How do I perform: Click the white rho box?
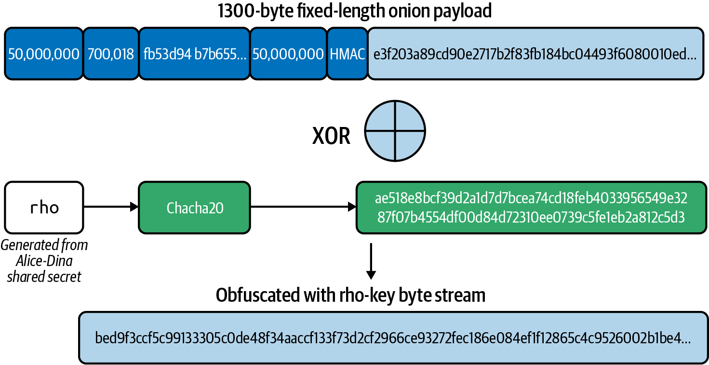44,207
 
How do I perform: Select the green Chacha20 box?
194,208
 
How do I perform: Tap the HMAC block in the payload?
347,54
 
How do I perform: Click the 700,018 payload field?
111,54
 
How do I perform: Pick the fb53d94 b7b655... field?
194,54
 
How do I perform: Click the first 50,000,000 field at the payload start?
44,54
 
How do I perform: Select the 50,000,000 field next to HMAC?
288,54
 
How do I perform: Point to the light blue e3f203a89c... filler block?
535,54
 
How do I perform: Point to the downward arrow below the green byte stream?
370,261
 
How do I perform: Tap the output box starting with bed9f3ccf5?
393,338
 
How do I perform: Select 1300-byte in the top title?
251,11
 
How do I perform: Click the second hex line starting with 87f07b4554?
531,217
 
